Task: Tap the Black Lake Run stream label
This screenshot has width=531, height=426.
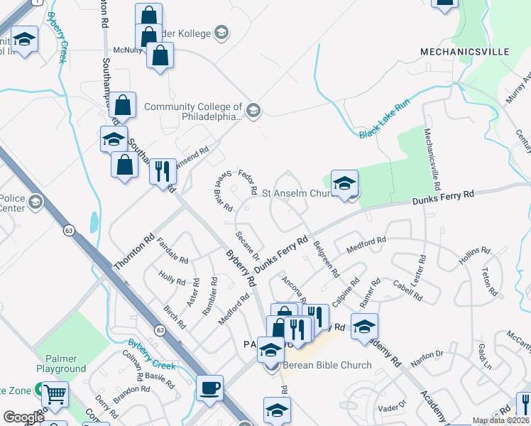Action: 384,119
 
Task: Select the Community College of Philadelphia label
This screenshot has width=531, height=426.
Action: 193,112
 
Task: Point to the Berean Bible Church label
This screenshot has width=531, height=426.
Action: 327,365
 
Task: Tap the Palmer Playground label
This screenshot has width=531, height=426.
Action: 61,364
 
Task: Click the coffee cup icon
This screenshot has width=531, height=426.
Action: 209,388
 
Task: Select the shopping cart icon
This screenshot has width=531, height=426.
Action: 55,394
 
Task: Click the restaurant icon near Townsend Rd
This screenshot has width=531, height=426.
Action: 163,170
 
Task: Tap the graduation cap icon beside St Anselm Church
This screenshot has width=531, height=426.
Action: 344,184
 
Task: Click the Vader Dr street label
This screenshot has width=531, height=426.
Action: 392,407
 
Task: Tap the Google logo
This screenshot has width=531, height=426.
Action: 23,417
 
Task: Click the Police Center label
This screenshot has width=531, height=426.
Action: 11,202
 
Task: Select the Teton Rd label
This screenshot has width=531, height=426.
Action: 489,281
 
